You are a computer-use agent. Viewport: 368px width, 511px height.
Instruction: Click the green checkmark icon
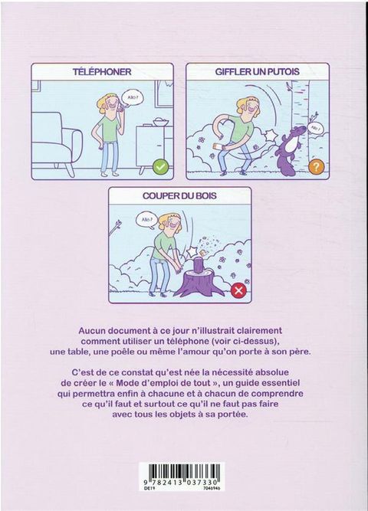(161, 167)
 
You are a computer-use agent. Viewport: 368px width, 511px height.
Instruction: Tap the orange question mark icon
(316, 167)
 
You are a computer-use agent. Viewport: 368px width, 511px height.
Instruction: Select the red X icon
(238, 290)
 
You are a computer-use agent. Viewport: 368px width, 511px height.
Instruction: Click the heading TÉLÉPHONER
(102, 72)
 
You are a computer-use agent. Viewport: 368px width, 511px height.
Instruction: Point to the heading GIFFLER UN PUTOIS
(258, 72)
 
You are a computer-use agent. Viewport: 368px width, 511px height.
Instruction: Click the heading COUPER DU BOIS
(179, 196)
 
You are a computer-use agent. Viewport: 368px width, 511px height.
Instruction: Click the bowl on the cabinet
(160, 122)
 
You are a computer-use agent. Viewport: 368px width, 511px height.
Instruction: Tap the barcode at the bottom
(182, 471)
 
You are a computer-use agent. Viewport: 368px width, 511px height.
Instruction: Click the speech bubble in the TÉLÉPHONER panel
(133, 98)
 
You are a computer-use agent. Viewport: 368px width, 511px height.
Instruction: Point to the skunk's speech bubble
(314, 128)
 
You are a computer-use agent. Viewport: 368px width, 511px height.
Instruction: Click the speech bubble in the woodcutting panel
(146, 220)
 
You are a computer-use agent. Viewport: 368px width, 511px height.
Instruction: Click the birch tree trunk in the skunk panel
(301, 107)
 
